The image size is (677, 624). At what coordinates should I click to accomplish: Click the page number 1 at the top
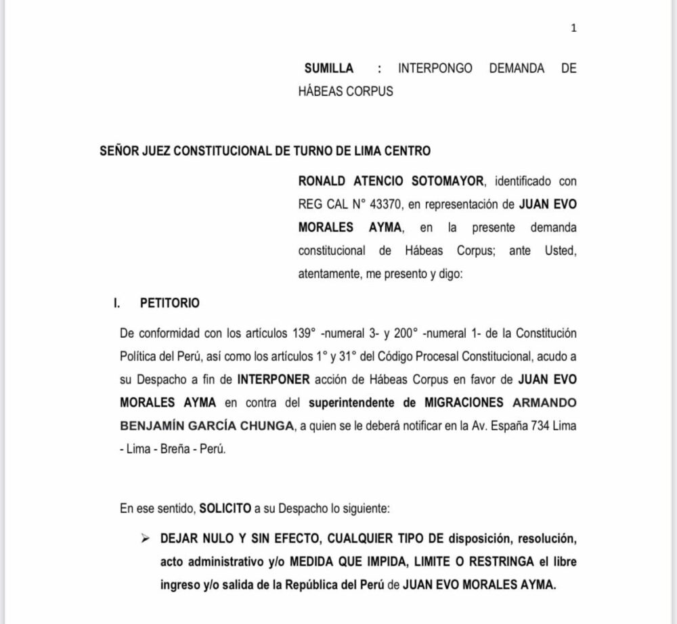click(573, 28)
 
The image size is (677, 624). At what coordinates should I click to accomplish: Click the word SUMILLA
click(328, 68)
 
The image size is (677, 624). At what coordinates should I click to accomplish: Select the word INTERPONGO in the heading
click(435, 68)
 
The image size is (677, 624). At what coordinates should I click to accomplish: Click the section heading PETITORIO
click(169, 303)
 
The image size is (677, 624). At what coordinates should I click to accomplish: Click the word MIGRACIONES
click(464, 403)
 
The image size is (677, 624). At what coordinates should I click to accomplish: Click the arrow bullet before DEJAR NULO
click(144, 539)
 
